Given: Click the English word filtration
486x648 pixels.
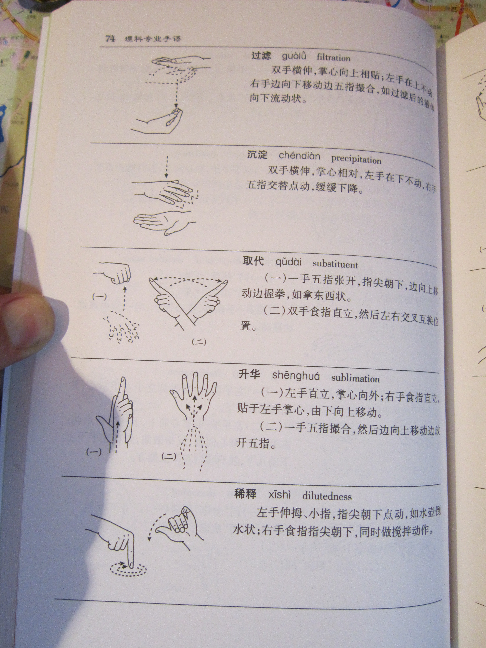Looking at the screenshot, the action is pos(333,57).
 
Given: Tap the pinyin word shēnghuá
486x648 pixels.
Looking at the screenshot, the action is pos(296,376).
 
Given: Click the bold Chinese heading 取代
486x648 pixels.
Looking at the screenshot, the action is pos(253,261).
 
